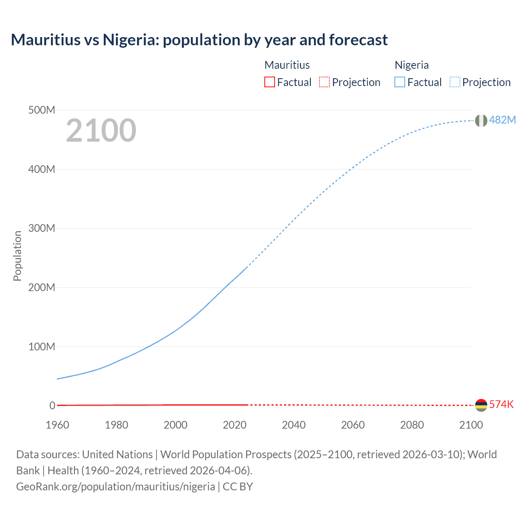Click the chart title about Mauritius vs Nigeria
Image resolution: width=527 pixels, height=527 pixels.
199,40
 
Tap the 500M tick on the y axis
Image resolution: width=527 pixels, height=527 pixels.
42,110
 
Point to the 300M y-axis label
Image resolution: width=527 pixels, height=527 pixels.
42,229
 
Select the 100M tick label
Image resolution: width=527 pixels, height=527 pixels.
42,347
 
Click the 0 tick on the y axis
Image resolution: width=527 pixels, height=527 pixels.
52,406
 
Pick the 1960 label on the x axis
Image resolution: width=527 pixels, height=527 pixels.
57,425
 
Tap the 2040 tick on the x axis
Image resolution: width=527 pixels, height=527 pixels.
294,425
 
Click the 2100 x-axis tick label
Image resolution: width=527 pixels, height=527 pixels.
471,425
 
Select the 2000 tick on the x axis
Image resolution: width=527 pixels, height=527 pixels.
175,425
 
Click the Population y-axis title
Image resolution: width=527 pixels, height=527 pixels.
17,256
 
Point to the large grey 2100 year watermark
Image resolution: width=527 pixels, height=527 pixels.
101,131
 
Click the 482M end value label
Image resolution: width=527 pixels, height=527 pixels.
502,120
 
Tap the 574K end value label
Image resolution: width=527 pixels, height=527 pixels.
501,404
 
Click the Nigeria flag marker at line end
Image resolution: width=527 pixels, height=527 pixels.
481,121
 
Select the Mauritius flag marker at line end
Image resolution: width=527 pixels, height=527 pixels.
481,405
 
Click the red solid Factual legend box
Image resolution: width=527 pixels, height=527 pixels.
269,82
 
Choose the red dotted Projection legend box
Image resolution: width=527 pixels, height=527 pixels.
324,82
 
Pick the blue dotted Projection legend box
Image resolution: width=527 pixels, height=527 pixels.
455,82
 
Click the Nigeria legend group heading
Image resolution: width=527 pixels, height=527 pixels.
412,65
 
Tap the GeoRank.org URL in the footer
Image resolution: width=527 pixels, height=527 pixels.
115,487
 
